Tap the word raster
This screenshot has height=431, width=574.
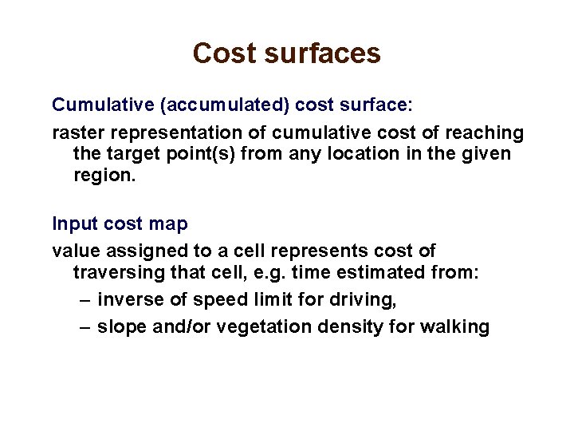76,132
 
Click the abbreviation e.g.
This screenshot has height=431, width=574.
268,273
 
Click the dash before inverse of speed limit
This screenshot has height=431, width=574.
86,300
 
